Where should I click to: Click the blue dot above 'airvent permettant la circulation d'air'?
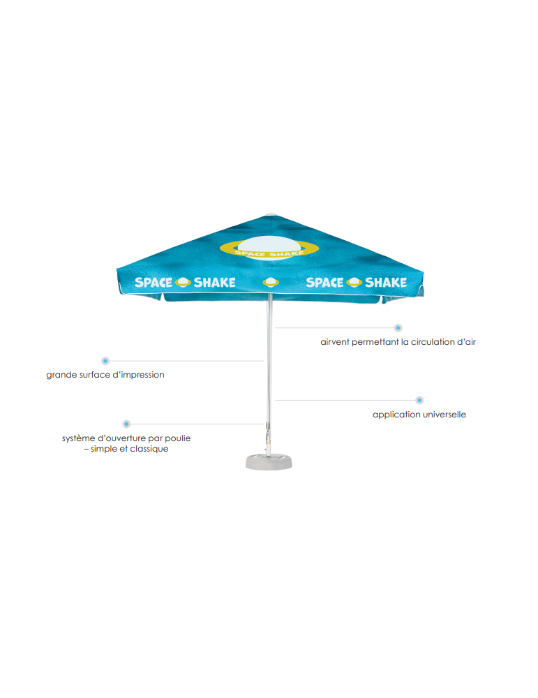pyautogui.click(x=398, y=328)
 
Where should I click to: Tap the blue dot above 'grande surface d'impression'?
pyautogui.click(x=105, y=361)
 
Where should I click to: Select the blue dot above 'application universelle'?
pyautogui.click(x=419, y=400)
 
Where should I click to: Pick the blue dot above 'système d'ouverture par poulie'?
pyautogui.click(x=126, y=424)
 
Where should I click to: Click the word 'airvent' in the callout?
pyautogui.click(x=335, y=342)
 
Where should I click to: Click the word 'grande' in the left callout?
pyautogui.click(x=59, y=376)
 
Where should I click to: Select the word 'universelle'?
pyautogui.click(x=444, y=415)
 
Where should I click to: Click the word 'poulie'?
pyautogui.click(x=178, y=438)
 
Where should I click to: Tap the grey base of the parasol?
pyautogui.click(x=269, y=461)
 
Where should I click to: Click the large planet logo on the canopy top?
pyautogui.click(x=269, y=248)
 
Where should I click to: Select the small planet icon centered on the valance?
pyautogui.click(x=271, y=282)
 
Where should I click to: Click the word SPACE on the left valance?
pyautogui.click(x=154, y=283)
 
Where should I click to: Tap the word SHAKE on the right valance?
pyautogui.click(x=386, y=283)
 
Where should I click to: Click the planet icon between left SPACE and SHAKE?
pyautogui.click(x=183, y=282)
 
